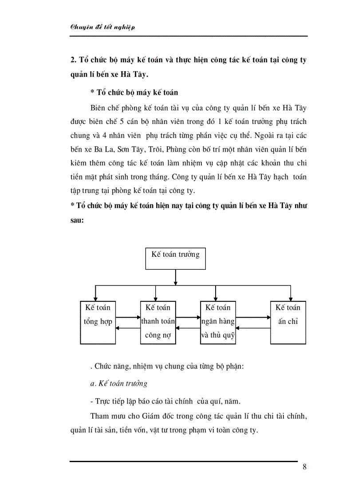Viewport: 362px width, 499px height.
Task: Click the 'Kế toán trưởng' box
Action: coord(176,258)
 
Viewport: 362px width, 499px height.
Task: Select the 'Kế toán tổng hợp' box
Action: coord(97,322)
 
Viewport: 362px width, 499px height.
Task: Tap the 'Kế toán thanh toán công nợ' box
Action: coord(158,322)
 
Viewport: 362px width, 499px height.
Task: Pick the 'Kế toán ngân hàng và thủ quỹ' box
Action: coord(218,322)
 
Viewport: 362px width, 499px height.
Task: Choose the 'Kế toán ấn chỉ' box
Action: coord(288,322)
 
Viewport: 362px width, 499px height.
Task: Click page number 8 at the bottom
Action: coord(304,467)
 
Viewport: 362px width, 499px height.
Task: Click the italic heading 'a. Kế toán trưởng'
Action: coord(118,383)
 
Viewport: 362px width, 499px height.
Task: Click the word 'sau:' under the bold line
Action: coord(76,219)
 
